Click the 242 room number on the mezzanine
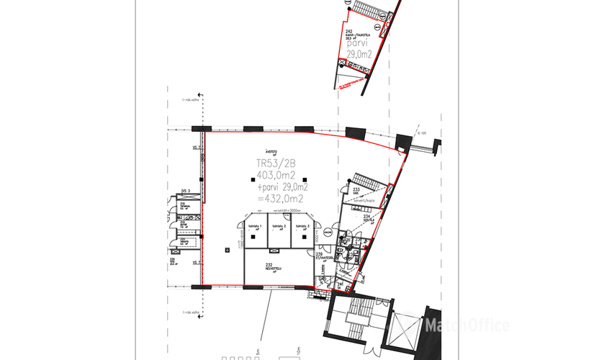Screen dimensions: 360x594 [x=348, y=32]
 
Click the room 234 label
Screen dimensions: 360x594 [x=366, y=216]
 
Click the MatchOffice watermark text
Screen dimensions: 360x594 [x=468, y=326]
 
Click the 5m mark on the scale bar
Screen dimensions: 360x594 [x=257, y=354]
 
